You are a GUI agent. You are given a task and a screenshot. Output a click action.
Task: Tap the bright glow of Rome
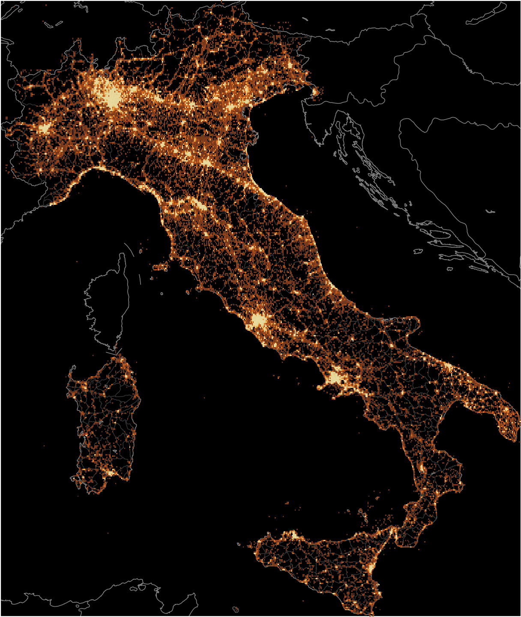click(258, 320)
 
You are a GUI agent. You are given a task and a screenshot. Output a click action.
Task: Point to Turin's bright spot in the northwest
click(45, 128)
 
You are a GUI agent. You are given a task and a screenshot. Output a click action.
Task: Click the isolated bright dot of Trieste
click(315, 91)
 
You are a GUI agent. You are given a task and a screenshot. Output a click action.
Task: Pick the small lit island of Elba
click(161, 267)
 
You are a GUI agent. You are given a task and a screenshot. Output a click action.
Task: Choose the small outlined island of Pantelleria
click(236, 609)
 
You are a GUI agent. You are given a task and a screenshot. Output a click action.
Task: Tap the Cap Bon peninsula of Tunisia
click(189, 600)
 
